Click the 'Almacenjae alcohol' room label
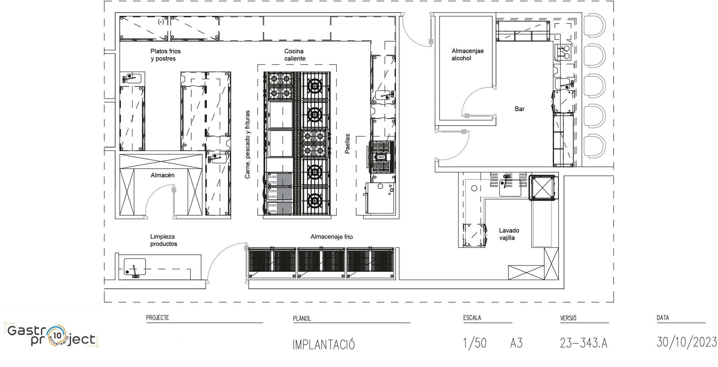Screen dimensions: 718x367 click(x=467, y=55)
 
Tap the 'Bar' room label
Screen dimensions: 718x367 click(x=519, y=109)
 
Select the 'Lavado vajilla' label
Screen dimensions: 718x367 click(x=509, y=234)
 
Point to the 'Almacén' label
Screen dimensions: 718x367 click(x=163, y=175)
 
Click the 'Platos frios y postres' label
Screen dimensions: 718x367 click(x=165, y=55)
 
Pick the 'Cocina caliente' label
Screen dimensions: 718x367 click(x=295, y=55)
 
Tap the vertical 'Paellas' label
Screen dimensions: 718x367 click(x=348, y=144)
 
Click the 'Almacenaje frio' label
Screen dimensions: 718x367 click(x=332, y=237)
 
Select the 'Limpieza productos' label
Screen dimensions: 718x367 click(x=163, y=240)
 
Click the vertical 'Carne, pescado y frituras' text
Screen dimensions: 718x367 click(x=247, y=144)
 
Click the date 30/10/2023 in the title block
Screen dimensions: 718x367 click(x=687, y=342)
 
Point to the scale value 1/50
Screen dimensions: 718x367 click(x=475, y=343)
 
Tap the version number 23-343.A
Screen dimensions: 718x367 click(x=584, y=343)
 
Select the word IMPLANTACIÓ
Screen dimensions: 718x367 click(x=324, y=344)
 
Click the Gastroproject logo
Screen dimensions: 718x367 click(x=52, y=336)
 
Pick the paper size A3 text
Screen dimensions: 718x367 click(x=516, y=343)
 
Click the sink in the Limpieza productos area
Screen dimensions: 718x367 click(x=135, y=267)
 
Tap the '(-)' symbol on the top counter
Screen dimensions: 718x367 click(x=161, y=22)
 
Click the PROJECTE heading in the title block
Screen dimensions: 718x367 click(x=157, y=317)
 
